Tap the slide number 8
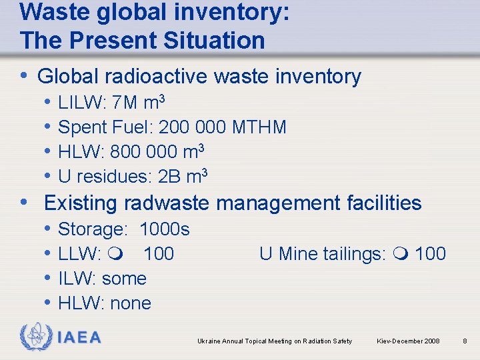[465, 341]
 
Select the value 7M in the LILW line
[125, 103]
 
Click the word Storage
[93, 230]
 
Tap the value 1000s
[165, 230]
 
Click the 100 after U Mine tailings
[430, 254]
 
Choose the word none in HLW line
[131, 303]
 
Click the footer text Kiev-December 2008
[408, 341]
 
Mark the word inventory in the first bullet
[320, 77]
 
